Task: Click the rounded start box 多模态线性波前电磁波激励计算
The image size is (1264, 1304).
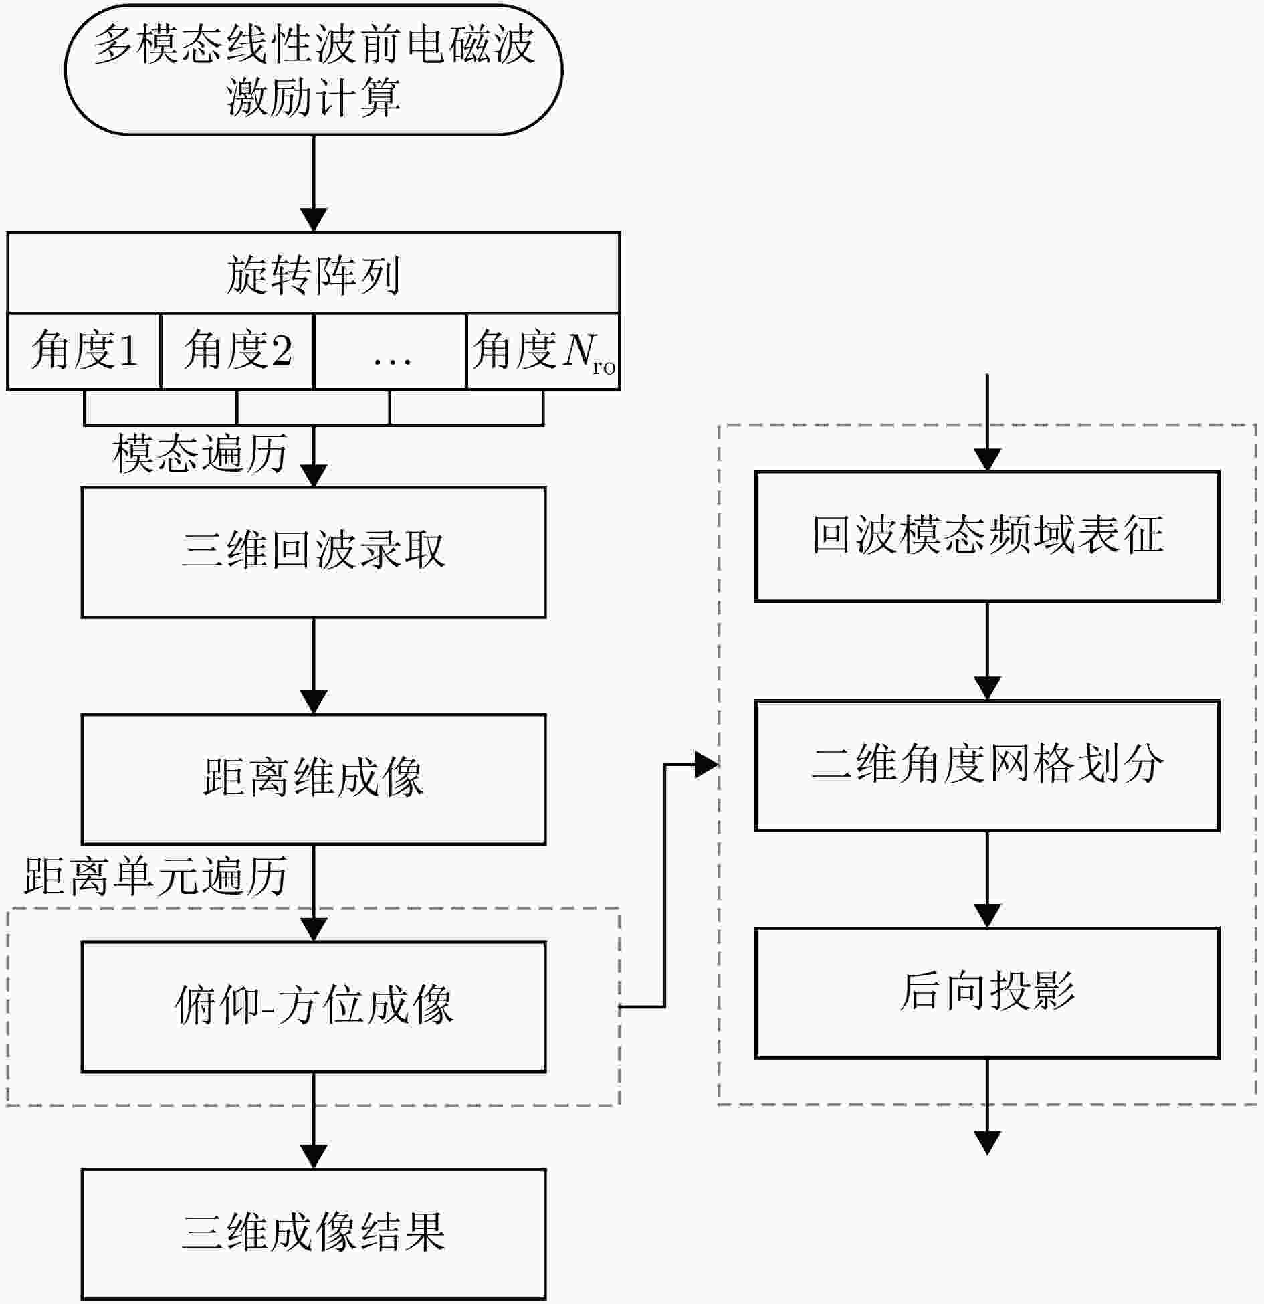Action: pos(313,70)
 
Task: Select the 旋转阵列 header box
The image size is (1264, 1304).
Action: pos(313,273)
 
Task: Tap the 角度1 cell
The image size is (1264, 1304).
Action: pos(84,351)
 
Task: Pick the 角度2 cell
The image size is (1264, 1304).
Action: pos(237,351)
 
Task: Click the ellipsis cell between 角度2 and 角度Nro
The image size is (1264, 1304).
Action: pos(390,351)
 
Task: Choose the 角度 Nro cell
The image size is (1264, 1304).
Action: pos(543,351)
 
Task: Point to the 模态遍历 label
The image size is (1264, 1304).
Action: pos(199,454)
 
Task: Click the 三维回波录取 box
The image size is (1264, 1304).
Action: pos(313,552)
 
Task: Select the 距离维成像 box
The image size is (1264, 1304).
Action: pos(313,779)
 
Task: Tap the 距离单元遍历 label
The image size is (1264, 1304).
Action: pos(155,876)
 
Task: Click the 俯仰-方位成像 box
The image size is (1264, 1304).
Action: pos(313,1006)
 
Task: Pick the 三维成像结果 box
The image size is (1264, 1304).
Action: pos(313,1233)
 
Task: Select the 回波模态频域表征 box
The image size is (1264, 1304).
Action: pos(987,537)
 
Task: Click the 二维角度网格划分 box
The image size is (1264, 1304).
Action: pos(987,765)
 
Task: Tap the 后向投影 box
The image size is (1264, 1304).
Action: pos(987,993)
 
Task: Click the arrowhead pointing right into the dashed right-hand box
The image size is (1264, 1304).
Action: pos(706,765)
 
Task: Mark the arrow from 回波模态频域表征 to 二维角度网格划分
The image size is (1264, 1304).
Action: pos(987,651)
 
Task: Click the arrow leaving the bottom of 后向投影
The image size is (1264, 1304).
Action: pos(987,1107)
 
